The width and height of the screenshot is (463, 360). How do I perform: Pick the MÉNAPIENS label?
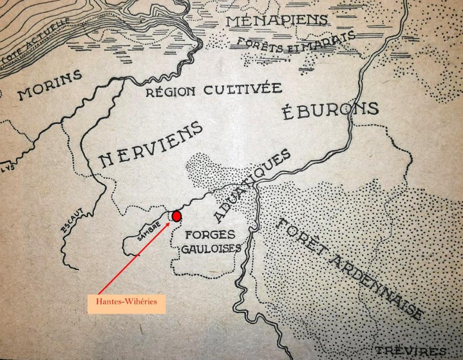click(x=277, y=20)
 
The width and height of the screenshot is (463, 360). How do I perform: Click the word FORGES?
click(x=210, y=235)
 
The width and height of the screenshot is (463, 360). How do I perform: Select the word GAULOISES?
click(x=211, y=249)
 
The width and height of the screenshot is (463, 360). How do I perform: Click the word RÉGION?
click(x=171, y=92)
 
